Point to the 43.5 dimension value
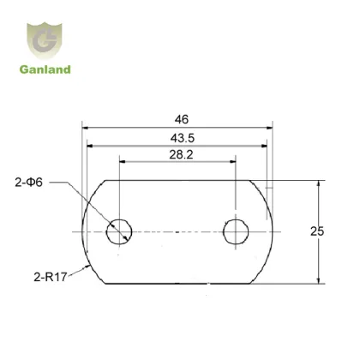(180, 137)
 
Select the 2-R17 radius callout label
(38, 275)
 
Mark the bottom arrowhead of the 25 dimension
(319, 279)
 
